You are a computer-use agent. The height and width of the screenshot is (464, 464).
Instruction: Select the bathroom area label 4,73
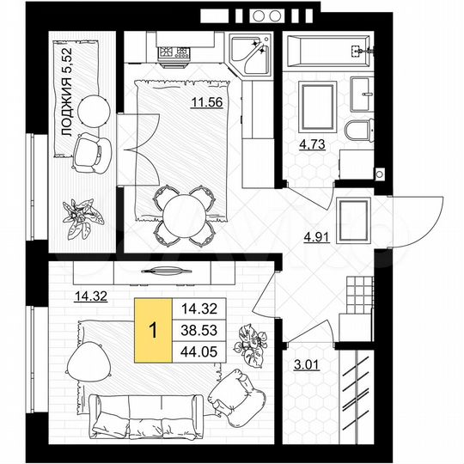pyautogui.click(x=313, y=143)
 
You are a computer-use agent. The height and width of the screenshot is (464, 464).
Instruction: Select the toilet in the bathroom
pyautogui.click(x=358, y=131)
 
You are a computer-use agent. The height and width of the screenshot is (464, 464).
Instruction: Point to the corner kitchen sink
pyautogui.click(x=253, y=53)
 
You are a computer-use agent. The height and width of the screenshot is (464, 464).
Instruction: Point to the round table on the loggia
pyautogui.click(x=91, y=109)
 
